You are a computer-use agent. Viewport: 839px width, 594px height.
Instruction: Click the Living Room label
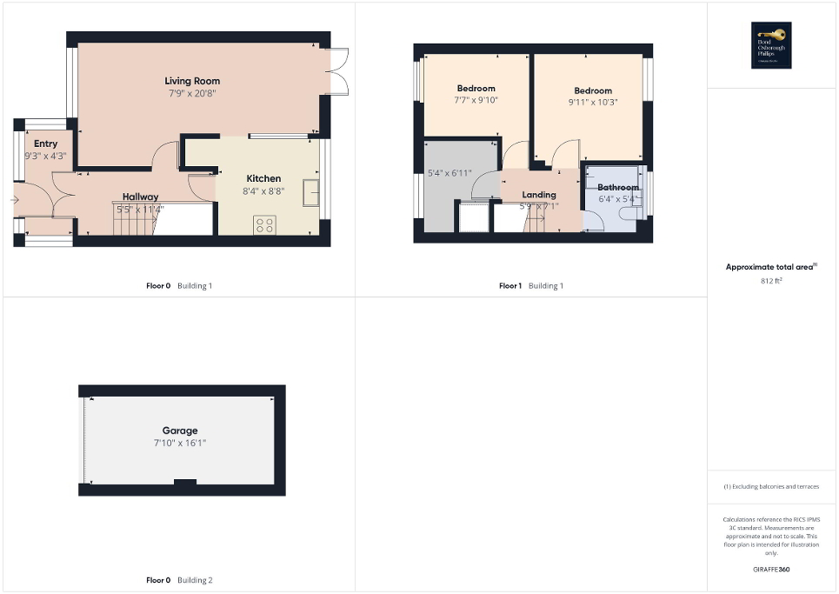pyautogui.click(x=190, y=81)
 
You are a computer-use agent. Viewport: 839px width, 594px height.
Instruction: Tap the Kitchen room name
pyautogui.click(x=263, y=178)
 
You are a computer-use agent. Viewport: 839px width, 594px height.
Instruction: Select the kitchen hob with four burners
pyautogui.click(x=264, y=224)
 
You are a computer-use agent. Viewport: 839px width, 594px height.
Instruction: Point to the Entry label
pyautogui.click(x=45, y=143)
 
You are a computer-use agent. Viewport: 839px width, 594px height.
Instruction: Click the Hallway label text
pyautogui.click(x=140, y=197)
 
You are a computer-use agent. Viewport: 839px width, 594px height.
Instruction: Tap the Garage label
pyautogui.click(x=180, y=430)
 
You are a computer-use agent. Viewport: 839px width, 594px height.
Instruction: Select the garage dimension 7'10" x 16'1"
pyautogui.click(x=180, y=443)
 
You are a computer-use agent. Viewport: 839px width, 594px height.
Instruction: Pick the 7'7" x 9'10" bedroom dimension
pyautogui.click(x=476, y=100)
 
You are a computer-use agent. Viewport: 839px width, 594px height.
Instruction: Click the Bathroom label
pyautogui.click(x=618, y=187)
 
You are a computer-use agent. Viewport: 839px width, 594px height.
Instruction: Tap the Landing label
pyautogui.click(x=539, y=195)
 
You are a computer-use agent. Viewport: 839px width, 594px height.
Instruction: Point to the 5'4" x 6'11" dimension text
pyautogui.click(x=449, y=174)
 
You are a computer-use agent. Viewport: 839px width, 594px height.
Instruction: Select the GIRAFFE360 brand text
pyautogui.click(x=772, y=569)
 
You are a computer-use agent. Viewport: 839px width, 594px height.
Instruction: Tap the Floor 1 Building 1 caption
pyautogui.click(x=530, y=285)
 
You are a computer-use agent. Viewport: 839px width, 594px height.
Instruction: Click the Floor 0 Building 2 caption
pyautogui.click(x=179, y=579)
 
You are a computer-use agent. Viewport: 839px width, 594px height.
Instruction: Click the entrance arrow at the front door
pyautogui.click(x=16, y=200)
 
